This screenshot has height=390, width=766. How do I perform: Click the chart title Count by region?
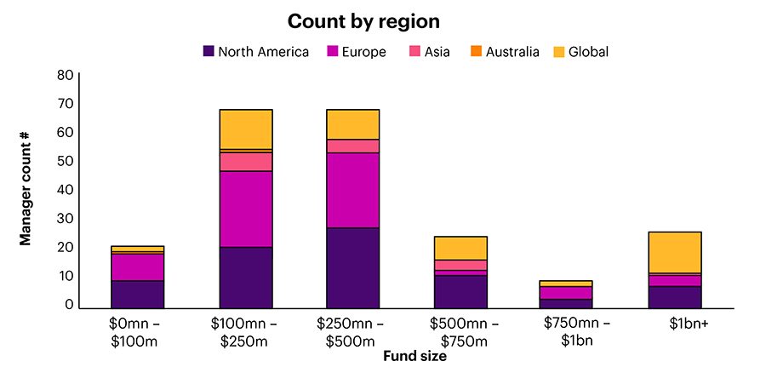pyautogui.click(x=363, y=20)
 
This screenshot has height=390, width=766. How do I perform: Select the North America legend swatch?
pyautogui.click(x=209, y=52)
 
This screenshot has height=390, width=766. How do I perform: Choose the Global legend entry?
pyautogui.click(x=580, y=52)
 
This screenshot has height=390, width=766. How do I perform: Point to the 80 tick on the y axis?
pyautogui.click(x=66, y=75)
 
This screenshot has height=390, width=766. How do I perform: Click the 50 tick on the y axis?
pyautogui.click(x=66, y=161)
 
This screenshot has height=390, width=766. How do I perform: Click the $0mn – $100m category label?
pyautogui.click(x=137, y=333)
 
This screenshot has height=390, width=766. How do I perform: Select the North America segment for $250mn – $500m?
pyautogui.click(x=353, y=267)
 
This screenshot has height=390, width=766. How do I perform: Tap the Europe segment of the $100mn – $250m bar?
pyautogui.click(x=246, y=209)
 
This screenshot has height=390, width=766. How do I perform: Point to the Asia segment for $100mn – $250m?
pyautogui.click(x=246, y=161)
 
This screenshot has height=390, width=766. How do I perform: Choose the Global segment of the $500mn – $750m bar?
pyautogui.click(x=460, y=248)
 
